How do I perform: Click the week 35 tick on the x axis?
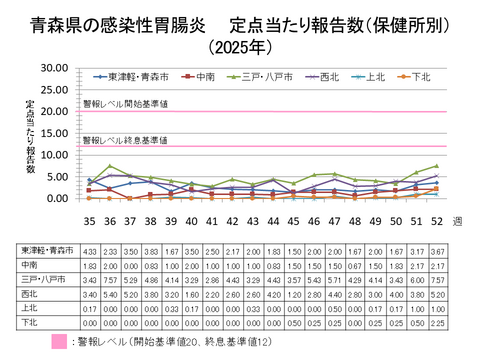click(x=89, y=220)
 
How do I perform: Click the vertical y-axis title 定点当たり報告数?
click(x=31, y=134)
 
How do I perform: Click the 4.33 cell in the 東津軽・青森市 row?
click(x=89, y=249)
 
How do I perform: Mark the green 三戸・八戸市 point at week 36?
click(x=110, y=166)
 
